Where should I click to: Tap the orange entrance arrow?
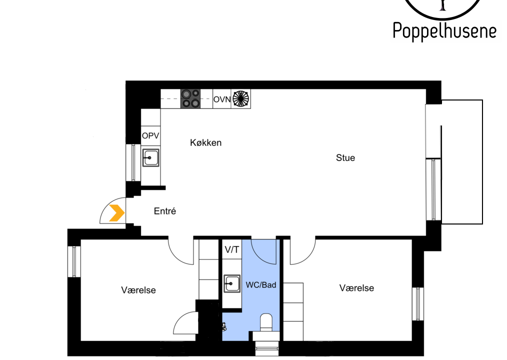(x=117, y=213)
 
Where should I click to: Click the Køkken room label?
(x=205, y=142)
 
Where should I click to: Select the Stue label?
(x=345, y=158)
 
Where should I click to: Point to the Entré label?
(x=165, y=211)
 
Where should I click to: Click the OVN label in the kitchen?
(x=222, y=99)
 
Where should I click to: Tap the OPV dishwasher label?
(x=150, y=136)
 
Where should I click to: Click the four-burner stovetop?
(x=190, y=98)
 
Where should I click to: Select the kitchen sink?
(x=150, y=158)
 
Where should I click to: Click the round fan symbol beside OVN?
(x=241, y=98)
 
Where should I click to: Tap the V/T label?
(x=232, y=249)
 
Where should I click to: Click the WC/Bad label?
(x=261, y=285)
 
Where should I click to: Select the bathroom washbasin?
(x=232, y=283)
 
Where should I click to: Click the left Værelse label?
(x=138, y=290)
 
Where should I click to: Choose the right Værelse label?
(x=356, y=288)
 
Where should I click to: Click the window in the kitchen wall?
(x=133, y=162)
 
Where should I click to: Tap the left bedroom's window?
(x=74, y=261)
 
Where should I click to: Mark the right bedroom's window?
(x=418, y=303)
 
